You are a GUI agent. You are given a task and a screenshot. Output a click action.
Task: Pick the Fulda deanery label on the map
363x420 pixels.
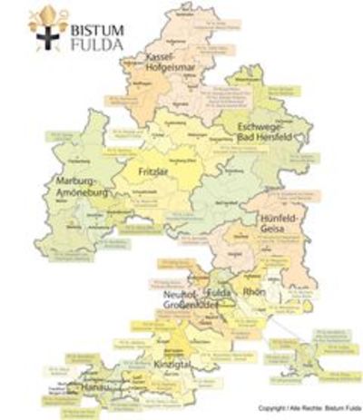coord(220,296)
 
